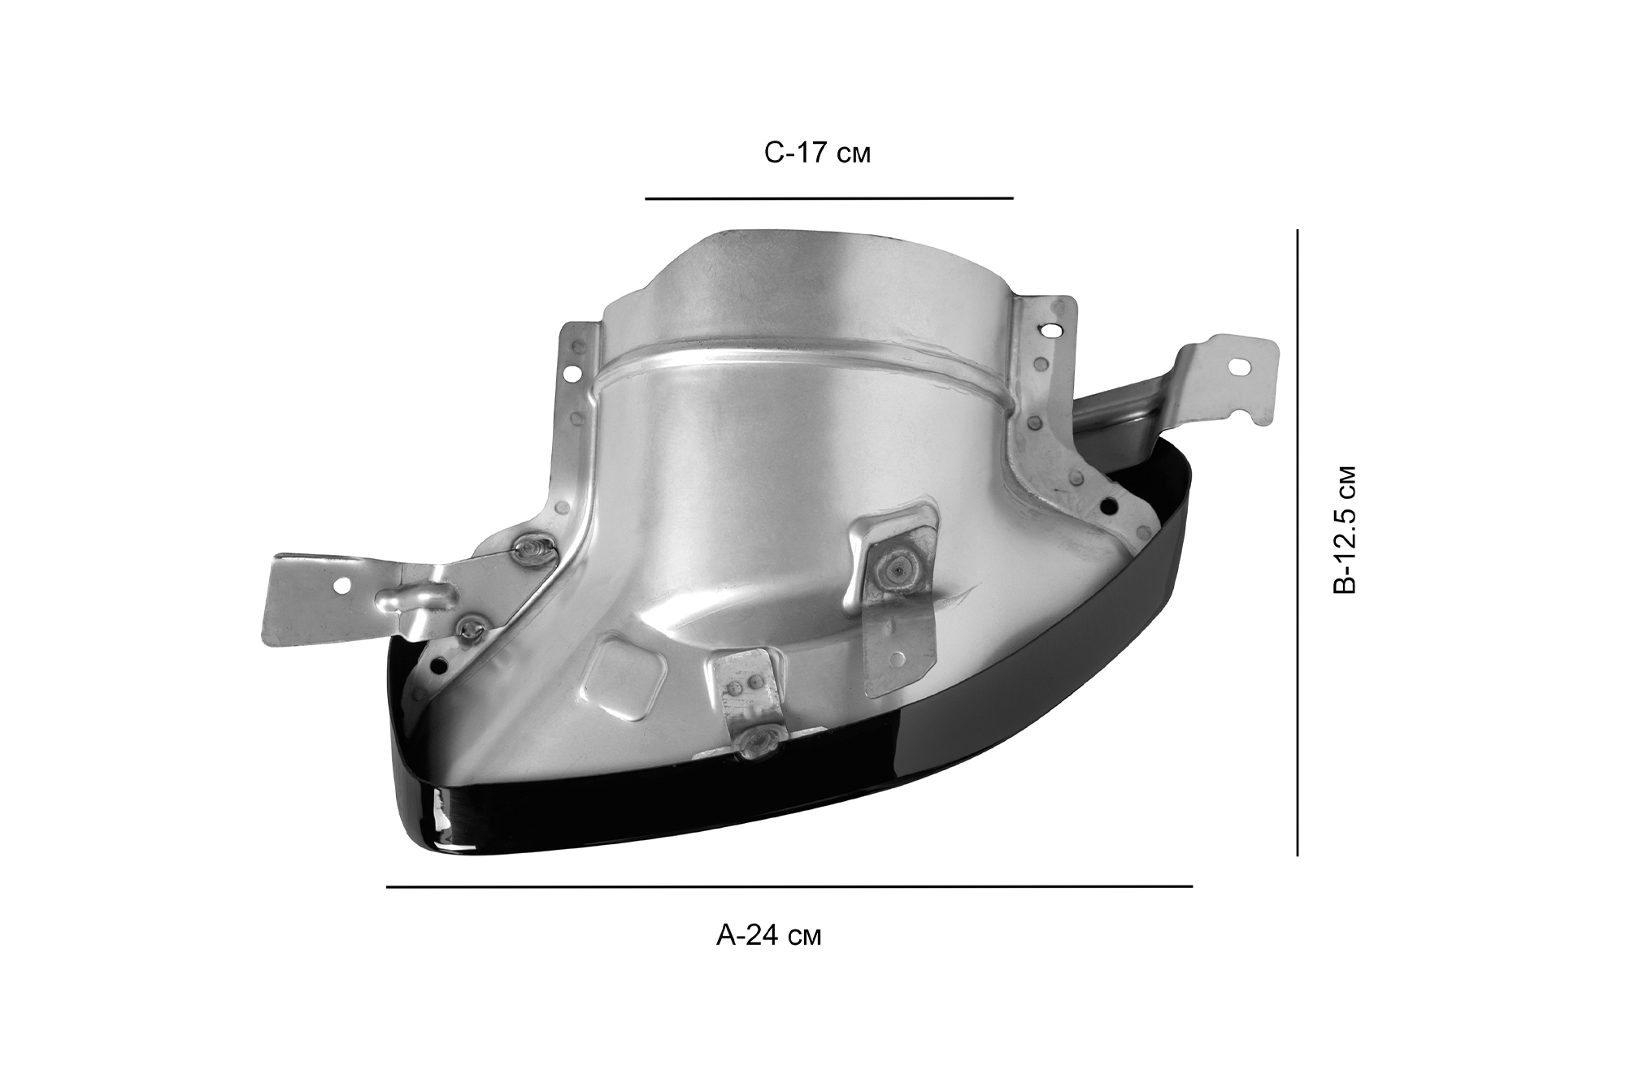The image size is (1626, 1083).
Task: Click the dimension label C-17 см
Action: [x=817, y=153]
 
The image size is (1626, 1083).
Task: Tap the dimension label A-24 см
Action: [x=768, y=935]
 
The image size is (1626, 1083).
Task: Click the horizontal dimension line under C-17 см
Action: [x=829, y=197]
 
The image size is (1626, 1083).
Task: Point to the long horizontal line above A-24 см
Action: [x=789, y=886]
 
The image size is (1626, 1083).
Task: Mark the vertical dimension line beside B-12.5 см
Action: [x=1297, y=542]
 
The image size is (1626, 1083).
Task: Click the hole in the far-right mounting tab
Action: [x=1241, y=367]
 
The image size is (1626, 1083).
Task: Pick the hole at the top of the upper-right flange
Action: [x=1053, y=331]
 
